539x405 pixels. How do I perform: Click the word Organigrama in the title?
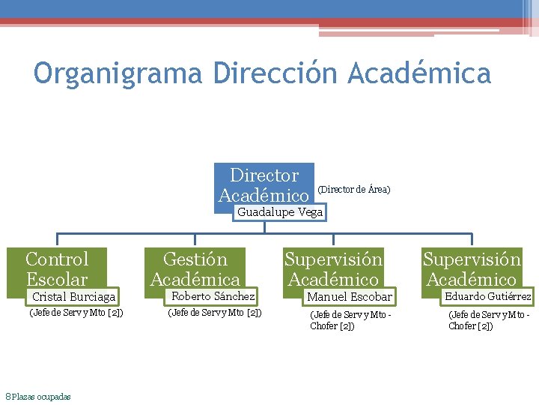tap(118, 73)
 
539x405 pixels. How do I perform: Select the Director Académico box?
tap(264, 184)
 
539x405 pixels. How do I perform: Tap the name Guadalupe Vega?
tap(280, 212)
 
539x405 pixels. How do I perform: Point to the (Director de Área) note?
tap(354, 190)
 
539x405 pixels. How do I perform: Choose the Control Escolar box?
tap(57, 268)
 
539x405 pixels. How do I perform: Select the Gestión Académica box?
tap(195, 268)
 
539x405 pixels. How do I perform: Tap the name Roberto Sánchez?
tap(213, 296)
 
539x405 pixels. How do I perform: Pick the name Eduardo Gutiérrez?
tap(488, 296)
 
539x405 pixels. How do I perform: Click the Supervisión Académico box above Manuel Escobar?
tap(333, 268)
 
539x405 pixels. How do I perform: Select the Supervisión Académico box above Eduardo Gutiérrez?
tap(472, 268)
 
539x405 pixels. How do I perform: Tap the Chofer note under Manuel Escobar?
tap(350, 320)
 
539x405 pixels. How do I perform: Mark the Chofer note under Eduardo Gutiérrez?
tap(488, 320)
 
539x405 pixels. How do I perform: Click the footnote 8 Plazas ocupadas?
tap(38, 396)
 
